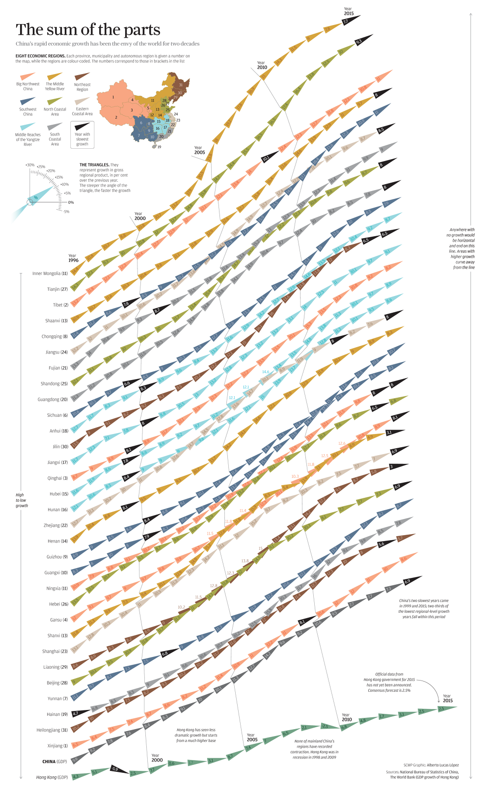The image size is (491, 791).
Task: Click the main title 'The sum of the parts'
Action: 88,30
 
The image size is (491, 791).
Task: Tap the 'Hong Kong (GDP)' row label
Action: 52,777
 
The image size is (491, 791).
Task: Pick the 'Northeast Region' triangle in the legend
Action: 82,76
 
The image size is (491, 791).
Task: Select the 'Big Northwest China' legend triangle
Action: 27,76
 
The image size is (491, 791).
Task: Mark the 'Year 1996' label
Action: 73,258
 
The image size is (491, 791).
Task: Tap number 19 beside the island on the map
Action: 159,147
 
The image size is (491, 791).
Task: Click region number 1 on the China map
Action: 113,97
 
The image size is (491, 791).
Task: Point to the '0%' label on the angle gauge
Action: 71,202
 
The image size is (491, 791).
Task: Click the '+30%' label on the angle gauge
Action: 30,165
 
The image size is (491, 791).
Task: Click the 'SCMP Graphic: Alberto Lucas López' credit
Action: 431,765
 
